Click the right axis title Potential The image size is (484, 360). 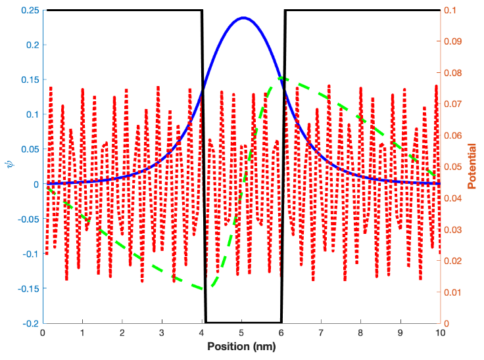coord(472,166)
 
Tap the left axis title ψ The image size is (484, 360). coord(9,166)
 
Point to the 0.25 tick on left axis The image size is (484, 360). coord(29,10)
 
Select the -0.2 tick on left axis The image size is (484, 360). coord(29,323)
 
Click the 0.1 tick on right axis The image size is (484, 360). coord(451,10)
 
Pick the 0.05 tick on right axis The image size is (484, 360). coord(454,166)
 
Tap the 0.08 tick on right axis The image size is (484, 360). coord(454,72)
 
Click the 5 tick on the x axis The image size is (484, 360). coord(241,333)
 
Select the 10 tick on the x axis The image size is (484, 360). coord(440,333)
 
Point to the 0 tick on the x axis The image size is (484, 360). coord(43,333)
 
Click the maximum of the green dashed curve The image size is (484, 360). coord(281,78)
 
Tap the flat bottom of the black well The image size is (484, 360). coord(243,322)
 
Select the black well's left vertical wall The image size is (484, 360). coord(203,164)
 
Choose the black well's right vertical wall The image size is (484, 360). coord(283,164)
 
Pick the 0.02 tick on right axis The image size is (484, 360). coord(454,260)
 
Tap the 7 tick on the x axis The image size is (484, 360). coord(321,333)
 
